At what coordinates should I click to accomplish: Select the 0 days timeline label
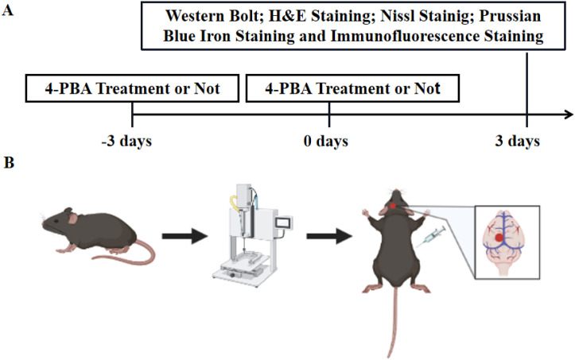[x=329, y=143]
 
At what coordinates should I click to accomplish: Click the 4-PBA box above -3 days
[x=133, y=88]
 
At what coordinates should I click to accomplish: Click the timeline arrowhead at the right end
[x=566, y=114]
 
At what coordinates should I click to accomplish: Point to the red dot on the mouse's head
[x=394, y=207]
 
